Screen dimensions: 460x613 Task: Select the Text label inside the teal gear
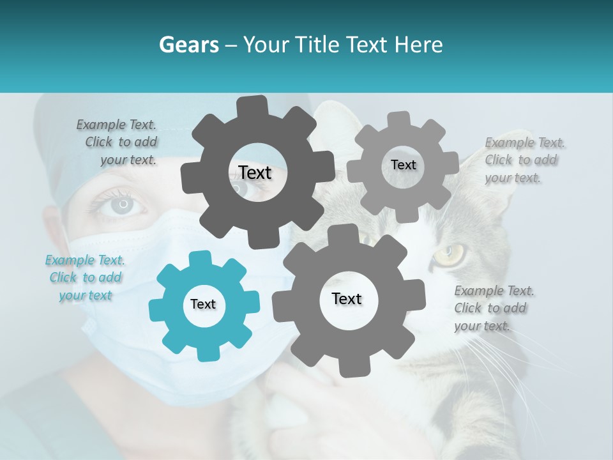tap(203, 305)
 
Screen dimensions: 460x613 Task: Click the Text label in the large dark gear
tap(255, 172)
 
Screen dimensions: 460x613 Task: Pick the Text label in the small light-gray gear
tap(403, 165)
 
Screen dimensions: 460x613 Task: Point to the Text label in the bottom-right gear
tap(347, 299)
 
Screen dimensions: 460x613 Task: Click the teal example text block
tap(86, 278)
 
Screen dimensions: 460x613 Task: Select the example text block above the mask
tap(118, 142)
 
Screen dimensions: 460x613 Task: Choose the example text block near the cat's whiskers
tap(493, 308)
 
